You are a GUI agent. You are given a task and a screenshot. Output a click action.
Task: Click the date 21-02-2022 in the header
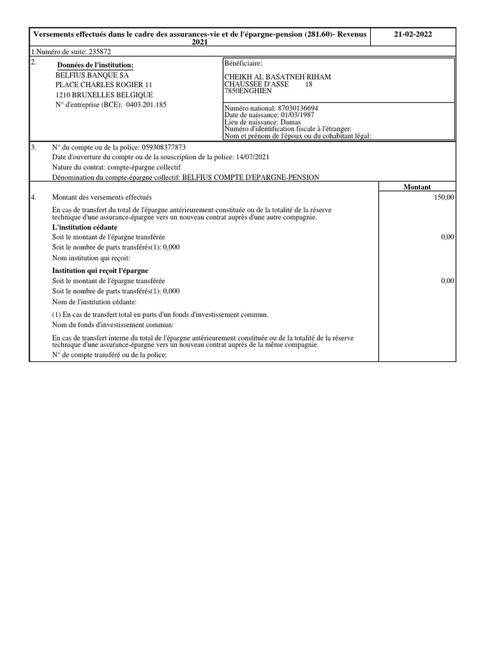(x=413, y=35)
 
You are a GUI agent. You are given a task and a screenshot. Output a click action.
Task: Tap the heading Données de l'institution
(x=95, y=65)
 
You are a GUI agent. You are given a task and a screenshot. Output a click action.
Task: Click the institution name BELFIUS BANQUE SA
(x=92, y=74)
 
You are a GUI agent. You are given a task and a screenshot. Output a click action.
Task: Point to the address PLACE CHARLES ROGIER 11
(x=104, y=84)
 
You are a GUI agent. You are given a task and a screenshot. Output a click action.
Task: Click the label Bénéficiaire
(x=243, y=64)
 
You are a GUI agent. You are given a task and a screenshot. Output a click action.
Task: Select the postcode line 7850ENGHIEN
(x=248, y=91)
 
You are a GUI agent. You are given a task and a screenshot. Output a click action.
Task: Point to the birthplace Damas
(x=290, y=122)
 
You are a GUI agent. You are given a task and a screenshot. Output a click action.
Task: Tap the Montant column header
(x=417, y=187)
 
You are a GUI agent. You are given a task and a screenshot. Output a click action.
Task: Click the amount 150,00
(x=445, y=198)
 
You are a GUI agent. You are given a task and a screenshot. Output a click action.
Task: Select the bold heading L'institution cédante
(x=84, y=227)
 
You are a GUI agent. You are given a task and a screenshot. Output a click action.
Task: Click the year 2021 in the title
(x=200, y=41)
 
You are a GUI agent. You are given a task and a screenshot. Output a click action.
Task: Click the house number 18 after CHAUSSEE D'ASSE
(x=309, y=84)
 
